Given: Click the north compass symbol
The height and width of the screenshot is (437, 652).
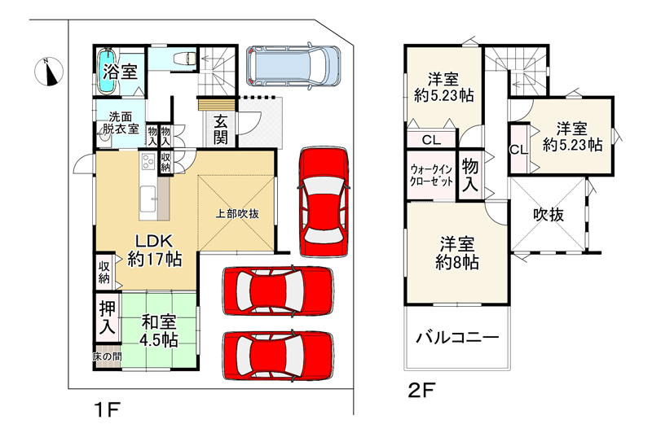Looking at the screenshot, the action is tap(48, 72).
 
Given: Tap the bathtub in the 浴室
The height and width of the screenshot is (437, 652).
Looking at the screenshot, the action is tap(107, 72).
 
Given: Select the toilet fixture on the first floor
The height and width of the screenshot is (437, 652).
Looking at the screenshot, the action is tap(185, 58).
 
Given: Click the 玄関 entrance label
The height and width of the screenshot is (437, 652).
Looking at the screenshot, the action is tap(220, 129).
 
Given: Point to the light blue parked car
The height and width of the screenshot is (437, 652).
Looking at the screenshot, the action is tap(293, 66).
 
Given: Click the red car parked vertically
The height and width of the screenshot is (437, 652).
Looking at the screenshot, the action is tap(324, 202).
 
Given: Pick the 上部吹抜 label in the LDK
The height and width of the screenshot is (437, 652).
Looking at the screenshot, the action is tap(237, 214).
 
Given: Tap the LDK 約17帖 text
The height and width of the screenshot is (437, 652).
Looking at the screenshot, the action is tap(154, 251).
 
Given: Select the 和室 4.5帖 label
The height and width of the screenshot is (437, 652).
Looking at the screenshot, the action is tap(158, 330).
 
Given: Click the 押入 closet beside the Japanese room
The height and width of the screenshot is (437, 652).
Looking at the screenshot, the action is tap(108, 317).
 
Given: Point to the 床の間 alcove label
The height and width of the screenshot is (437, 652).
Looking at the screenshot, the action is tap(107, 356).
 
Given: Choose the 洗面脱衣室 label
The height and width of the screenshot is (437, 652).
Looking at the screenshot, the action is tap(121, 122).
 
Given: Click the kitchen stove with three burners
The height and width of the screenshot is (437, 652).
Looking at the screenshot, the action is tap(148, 161).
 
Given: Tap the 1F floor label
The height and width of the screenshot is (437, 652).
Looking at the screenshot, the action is tap(108, 410).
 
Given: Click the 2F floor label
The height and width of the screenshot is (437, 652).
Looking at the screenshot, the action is tap(421, 391).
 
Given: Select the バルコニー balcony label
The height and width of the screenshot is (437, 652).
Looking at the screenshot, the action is tap(457, 337).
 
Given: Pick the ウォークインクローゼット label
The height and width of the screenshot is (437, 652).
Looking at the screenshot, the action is tap(431, 176).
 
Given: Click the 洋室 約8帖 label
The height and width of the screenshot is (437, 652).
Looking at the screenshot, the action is tap(457, 253).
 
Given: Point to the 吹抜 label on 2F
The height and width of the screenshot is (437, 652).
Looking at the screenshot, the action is tap(548, 215).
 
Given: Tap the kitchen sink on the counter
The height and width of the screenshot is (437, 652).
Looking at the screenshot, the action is tap(148, 199).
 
